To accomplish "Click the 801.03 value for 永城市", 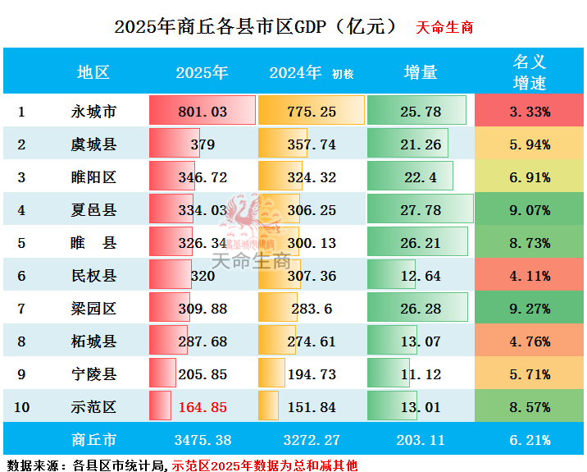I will (202, 112).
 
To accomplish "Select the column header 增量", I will (420, 72).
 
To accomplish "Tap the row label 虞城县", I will (93, 144).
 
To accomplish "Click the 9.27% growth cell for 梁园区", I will (530, 309).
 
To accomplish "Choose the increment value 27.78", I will (420, 210).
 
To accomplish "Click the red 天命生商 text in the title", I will (444, 27).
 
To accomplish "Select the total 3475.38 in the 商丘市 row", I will (202, 440).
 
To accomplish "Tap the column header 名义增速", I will (530, 72).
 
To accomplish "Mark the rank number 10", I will (21, 407).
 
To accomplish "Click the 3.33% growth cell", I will (530, 112).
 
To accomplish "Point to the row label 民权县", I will (93, 276).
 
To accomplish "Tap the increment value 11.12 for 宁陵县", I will (420, 374).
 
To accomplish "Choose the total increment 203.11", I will (420, 440).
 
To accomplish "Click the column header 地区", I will (93, 72).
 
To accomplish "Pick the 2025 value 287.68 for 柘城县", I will (202, 341).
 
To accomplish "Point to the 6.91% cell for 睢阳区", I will (530, 177).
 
